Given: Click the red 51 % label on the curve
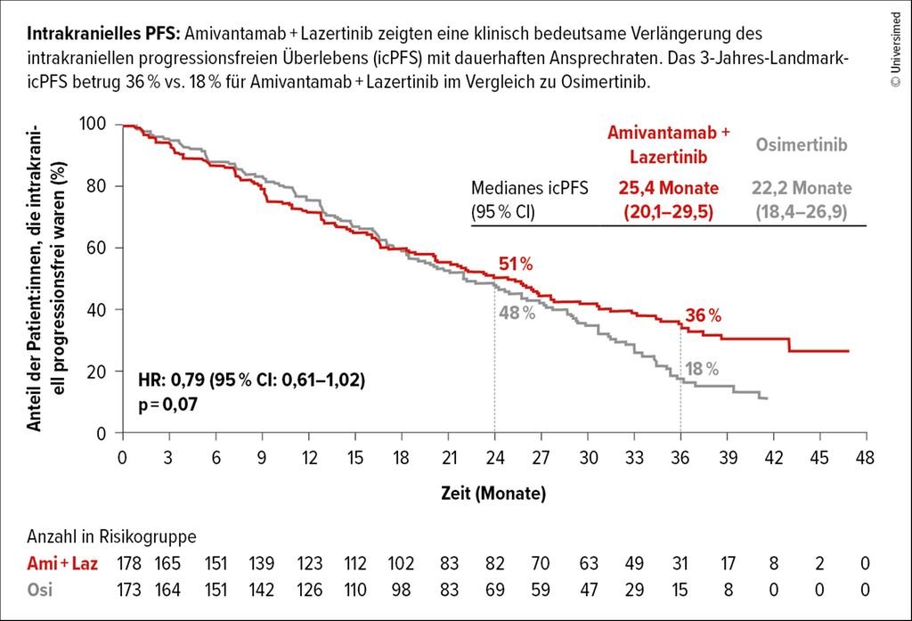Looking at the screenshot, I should click(514, 265).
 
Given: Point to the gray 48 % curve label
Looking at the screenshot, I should click(517, 314).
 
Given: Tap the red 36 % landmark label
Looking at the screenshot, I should click(703, 315).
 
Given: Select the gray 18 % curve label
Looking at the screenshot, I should click(701, 369).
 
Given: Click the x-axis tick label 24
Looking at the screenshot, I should click(494, 458).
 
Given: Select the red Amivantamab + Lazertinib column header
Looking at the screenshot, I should click(668, 143).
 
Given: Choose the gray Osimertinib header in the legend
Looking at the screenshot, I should click(801, 144).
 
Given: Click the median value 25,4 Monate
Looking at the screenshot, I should click(667, 189).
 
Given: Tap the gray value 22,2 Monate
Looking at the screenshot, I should click(802, 189).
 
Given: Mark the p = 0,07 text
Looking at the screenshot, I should click(167, 404).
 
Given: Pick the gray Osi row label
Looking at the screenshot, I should click(39, 590).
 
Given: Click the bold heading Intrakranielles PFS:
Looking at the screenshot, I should click(103, 35).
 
